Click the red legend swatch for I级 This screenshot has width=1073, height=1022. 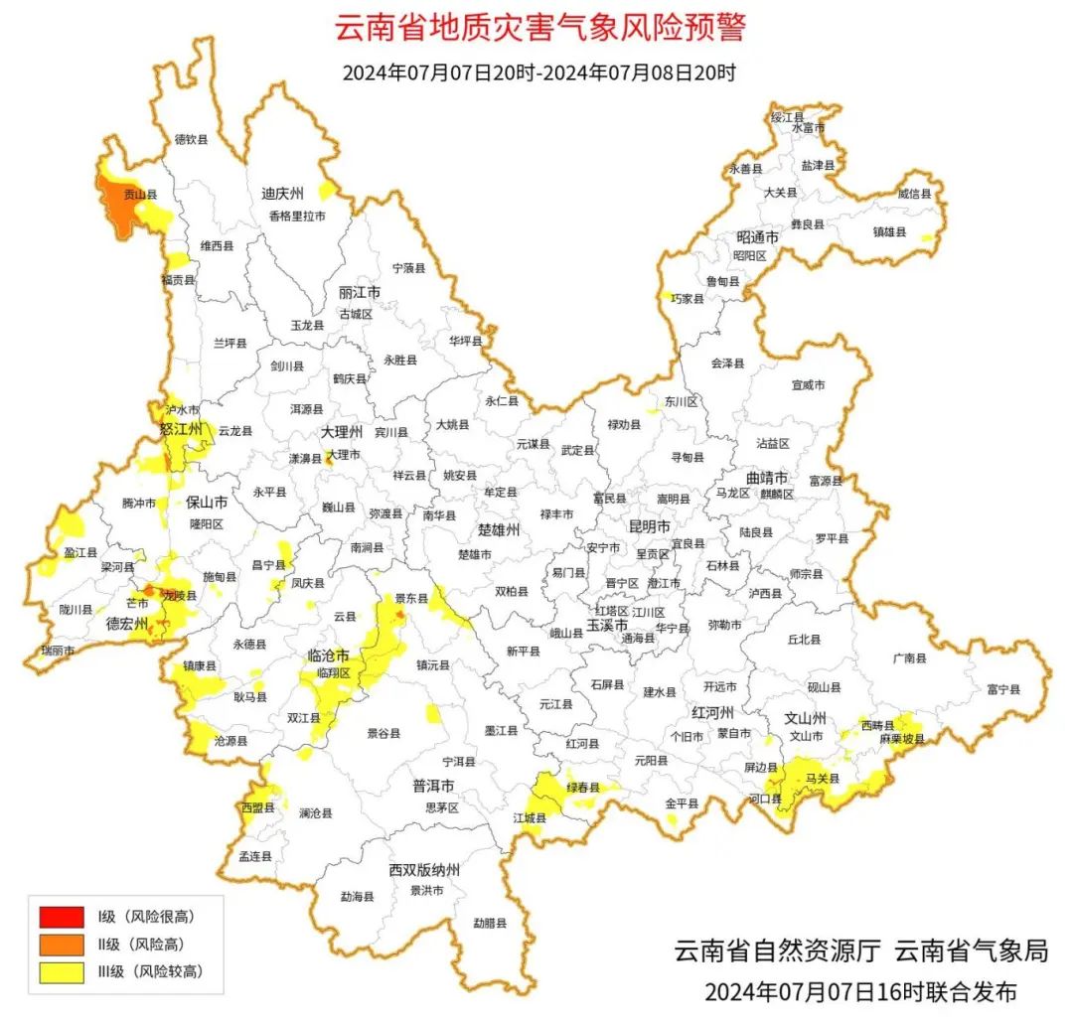pos(62,916)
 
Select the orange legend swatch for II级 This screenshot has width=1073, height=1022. pos(62,944)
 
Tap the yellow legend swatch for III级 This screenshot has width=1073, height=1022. pos(62,972)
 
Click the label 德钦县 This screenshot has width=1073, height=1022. pos(191,140)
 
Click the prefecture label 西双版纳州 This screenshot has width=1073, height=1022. pos(424,870)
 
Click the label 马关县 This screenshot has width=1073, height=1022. pos(823,778)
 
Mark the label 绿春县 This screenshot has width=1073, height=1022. pos(584,788)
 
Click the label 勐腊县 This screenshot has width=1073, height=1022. pos(490,923)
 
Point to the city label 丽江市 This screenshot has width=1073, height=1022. pos(360,293)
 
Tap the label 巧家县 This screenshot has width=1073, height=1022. pos(687,298)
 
